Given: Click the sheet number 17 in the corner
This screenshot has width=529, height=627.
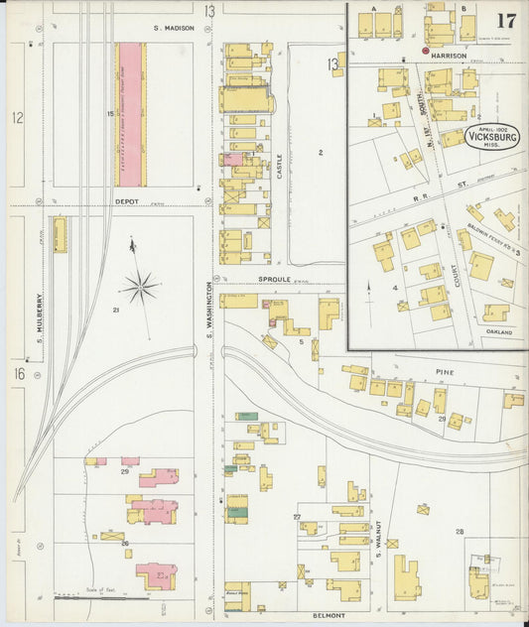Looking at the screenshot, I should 506,21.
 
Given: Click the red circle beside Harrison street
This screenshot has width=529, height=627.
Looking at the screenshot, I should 426,50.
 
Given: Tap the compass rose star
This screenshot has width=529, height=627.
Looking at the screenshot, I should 140,288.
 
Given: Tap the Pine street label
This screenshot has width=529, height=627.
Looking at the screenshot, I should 443,370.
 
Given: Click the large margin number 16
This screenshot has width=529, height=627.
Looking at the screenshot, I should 18,374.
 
